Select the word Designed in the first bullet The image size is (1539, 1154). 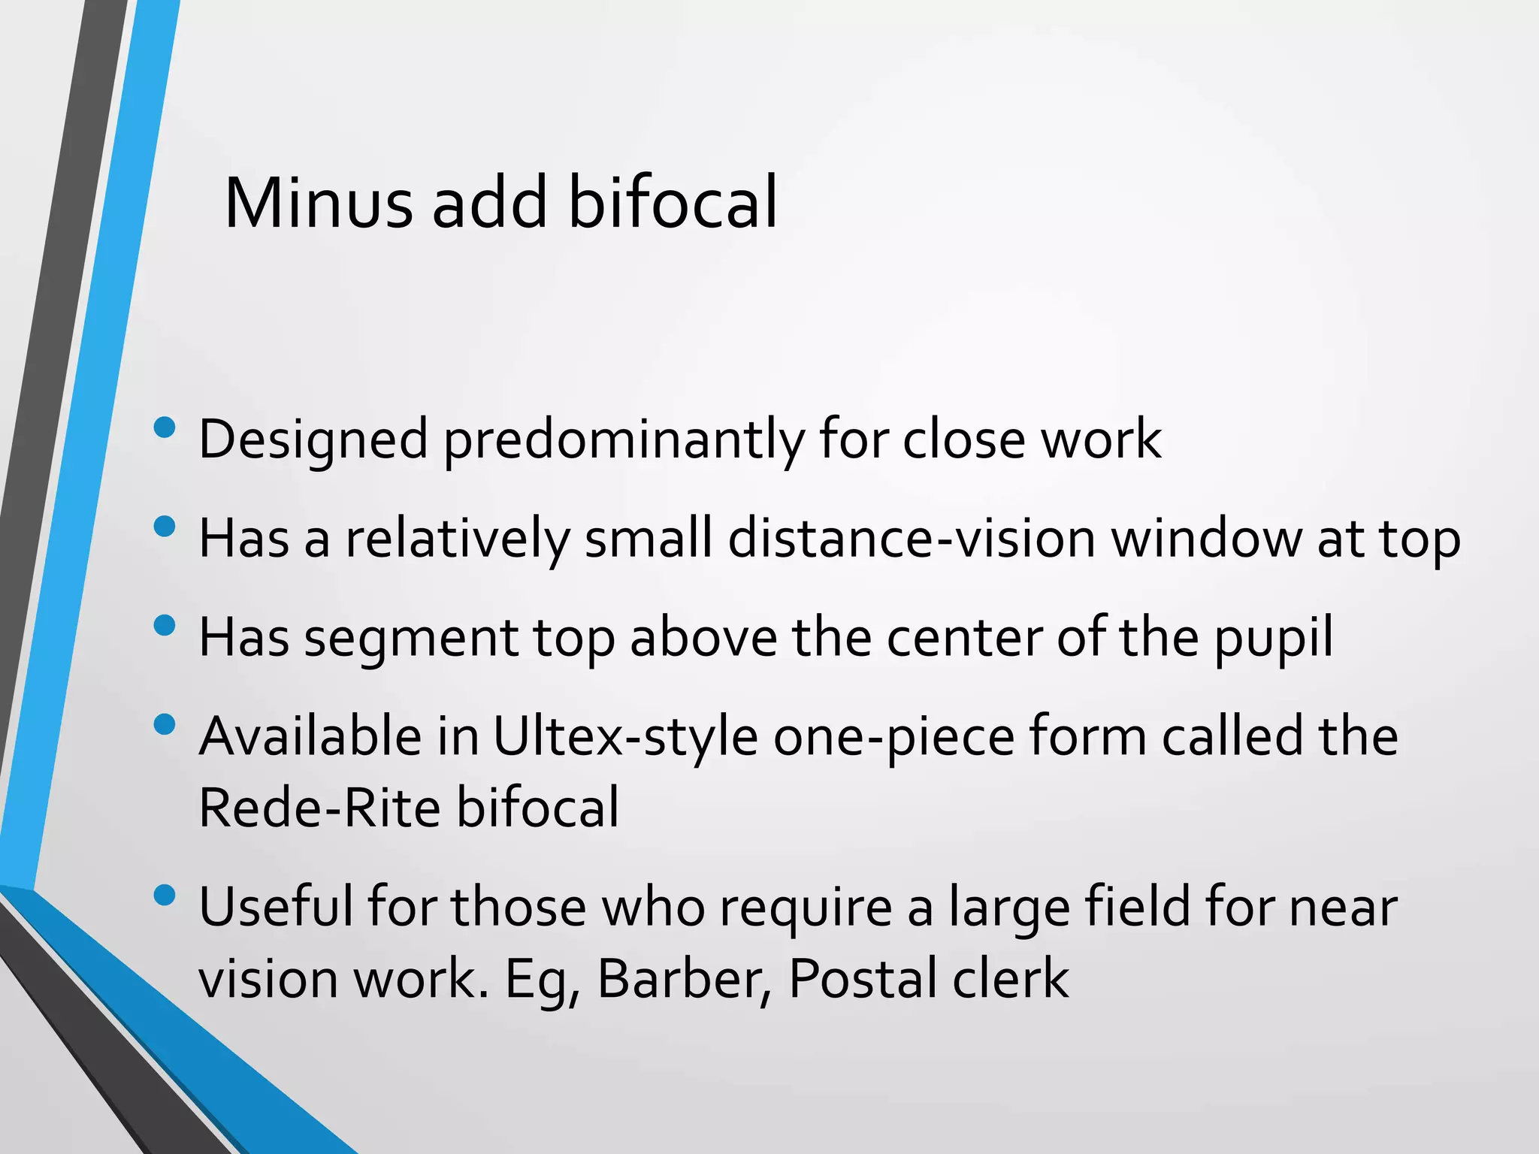pyautogui.click(x=313, y=440)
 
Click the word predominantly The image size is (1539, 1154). pyautogui.click(x=623, y=440)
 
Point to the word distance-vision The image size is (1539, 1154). pyautogui.click(x=912, y=539)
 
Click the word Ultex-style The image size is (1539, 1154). pyautogui.click(x=625, y=736)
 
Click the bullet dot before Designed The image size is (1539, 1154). pyautogui.click(x=164, y=428)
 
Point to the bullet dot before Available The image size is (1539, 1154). pyautogui.click(x=164, y=725)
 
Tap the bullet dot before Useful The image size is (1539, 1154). pyautogui.click(x=164, y=895)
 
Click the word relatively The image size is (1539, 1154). pyautogui.click(x=458, y=539)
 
